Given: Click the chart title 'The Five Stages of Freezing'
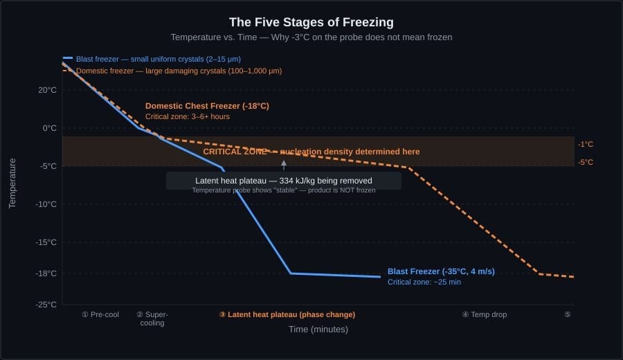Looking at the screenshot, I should pos(311,21).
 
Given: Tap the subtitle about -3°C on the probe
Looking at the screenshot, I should pos(311,37).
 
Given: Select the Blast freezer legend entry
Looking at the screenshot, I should pos(159,59).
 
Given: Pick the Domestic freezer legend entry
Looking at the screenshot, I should pos(179,71).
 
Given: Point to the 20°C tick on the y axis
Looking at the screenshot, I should pos(48,90).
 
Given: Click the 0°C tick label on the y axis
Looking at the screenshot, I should pos(50,128).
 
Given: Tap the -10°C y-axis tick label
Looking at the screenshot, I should pos(46,204).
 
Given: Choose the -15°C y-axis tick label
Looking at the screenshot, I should pos(46,242).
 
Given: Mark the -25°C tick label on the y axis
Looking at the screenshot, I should pos(46,305).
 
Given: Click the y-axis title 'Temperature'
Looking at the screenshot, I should pos(12,183).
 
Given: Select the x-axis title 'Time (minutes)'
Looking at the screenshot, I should pos(318,330).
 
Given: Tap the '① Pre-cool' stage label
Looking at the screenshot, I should pos(100,314).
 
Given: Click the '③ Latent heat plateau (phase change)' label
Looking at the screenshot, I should pos(287,314).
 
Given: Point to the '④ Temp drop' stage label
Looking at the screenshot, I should pos(485,314).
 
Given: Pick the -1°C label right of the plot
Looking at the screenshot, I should pos(586,144).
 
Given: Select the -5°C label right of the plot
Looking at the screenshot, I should pos(586,163).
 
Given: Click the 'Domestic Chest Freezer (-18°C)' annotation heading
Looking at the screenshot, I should pos(207,106).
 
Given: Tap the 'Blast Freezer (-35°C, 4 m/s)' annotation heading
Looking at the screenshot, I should pos(441,271).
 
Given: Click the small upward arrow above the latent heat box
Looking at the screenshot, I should pos(284,165).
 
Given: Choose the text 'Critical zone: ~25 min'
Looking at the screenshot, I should pos(424,282).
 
